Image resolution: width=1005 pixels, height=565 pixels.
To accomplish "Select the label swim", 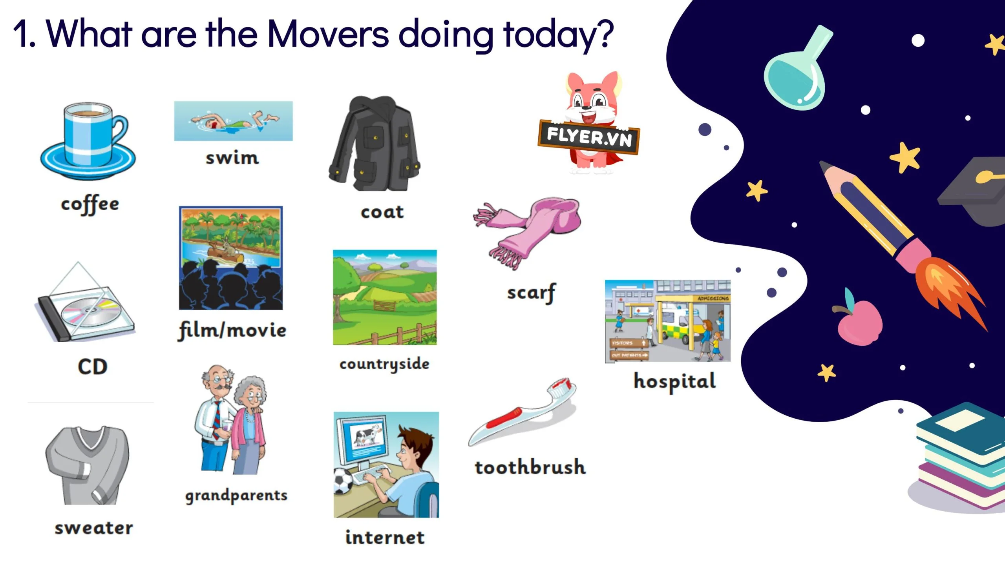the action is click(232, 158).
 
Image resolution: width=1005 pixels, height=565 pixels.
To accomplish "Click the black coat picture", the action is click(374, 144).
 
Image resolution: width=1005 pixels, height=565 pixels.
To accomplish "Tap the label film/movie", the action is click(232, 330).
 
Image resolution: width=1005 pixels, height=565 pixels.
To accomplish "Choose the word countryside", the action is click(385, 364).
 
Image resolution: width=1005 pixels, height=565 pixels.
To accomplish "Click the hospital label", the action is click(675, 381).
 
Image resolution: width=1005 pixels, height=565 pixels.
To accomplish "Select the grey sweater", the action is click(87, 465).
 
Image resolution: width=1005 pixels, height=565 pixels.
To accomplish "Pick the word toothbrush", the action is click(530, 467).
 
